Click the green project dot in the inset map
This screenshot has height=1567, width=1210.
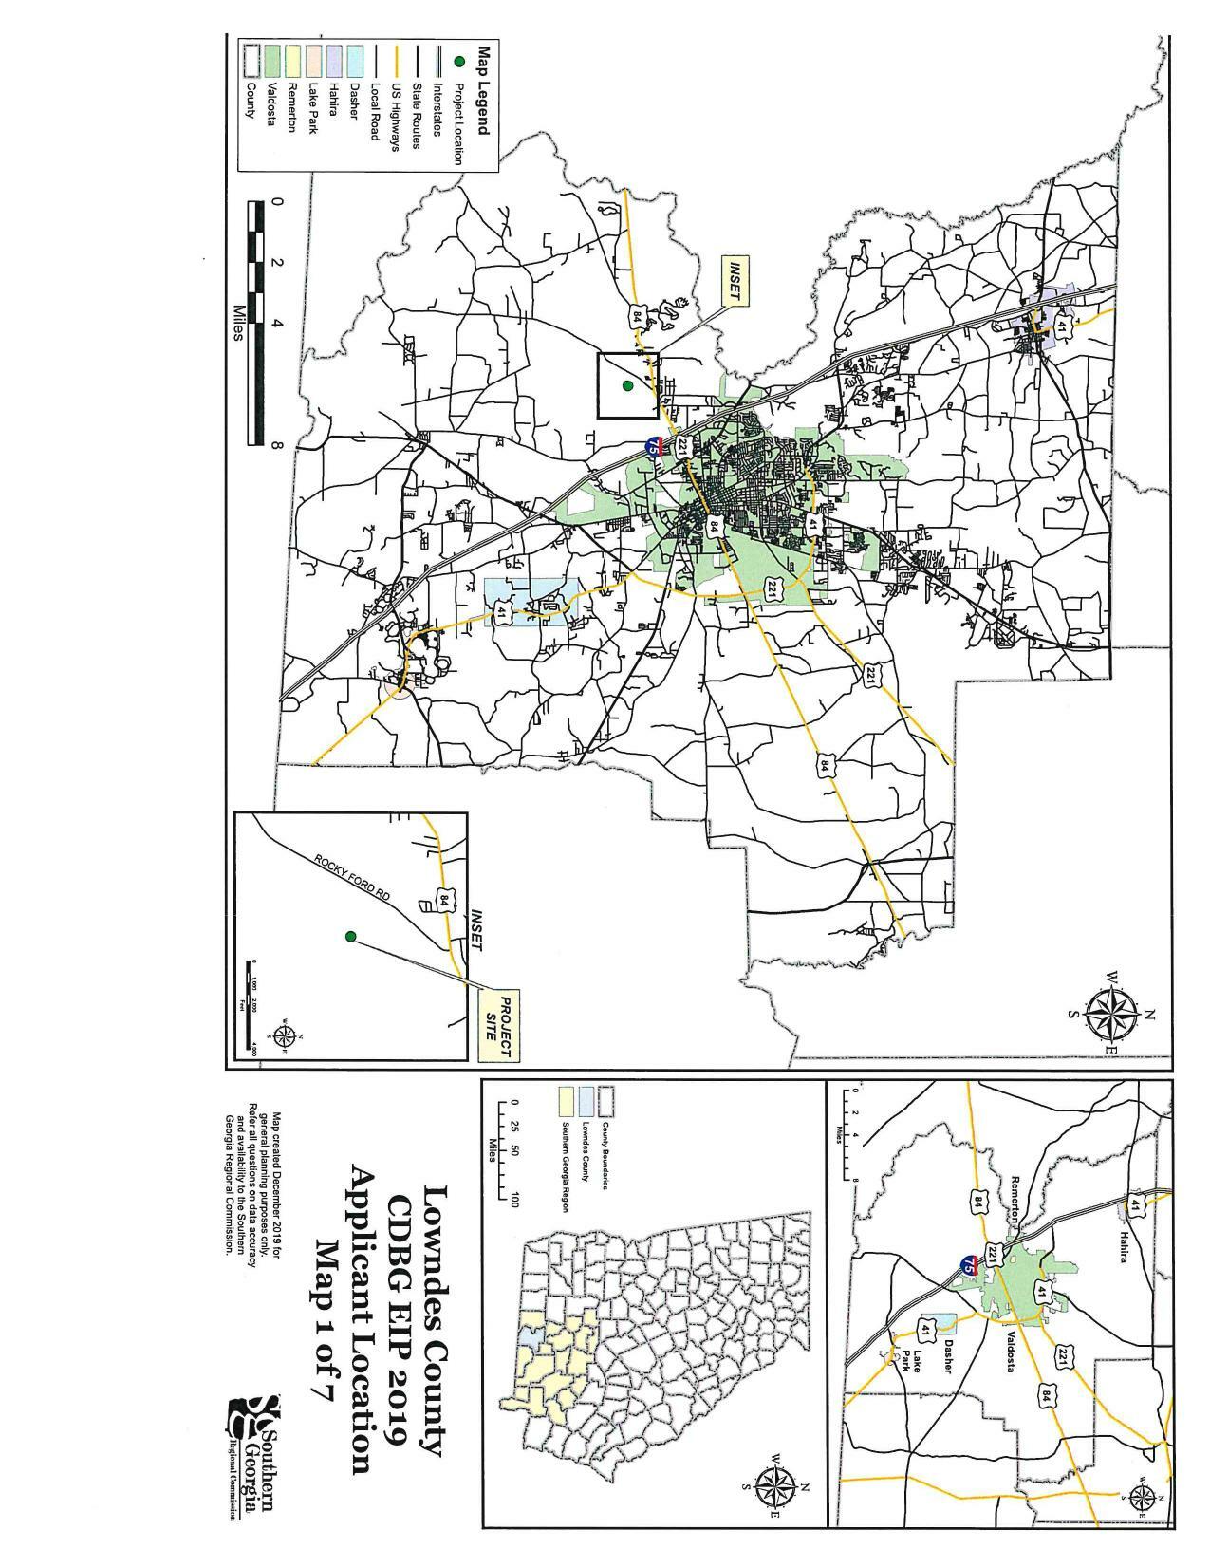(350, 937)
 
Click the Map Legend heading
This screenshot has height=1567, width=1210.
(483, 89)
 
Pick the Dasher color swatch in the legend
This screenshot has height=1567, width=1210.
(356, 60)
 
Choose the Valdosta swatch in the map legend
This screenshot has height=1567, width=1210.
(272, 60)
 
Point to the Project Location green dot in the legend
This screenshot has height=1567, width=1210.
(459, 61)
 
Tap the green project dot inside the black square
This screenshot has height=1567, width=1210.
(627, 385)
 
